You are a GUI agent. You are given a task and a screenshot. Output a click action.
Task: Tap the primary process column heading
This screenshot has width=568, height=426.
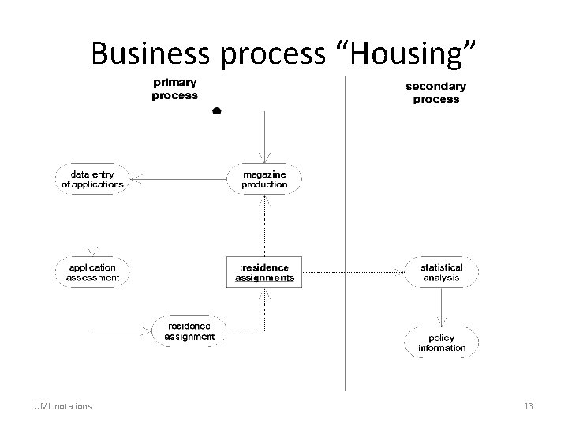coord(175,88)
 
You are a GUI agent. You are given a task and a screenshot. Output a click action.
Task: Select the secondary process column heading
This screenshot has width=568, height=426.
coord(435,92)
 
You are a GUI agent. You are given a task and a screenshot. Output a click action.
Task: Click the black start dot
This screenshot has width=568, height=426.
coord(216,111)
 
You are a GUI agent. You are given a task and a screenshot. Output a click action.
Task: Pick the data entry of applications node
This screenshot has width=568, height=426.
coord(93,179)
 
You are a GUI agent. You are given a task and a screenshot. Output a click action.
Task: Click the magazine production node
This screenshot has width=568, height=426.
coord(265,179)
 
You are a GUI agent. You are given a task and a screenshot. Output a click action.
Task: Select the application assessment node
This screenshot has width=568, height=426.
coord(93,272)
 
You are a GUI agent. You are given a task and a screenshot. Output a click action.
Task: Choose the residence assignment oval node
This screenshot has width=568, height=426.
coord(189,331)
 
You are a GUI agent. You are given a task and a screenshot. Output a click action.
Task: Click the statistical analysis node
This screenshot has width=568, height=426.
coord(442,272)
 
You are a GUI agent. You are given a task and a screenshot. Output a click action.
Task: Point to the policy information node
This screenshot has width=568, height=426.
coord(442,343)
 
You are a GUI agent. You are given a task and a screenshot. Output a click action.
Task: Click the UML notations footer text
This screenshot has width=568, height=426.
coord(62,406)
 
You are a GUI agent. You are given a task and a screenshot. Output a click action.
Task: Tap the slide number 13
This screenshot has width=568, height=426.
coord(529,406)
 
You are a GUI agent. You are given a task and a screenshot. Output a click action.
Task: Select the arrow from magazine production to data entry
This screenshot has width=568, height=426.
coord(177,179)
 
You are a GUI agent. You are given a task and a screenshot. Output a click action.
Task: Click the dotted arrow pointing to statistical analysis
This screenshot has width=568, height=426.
coord(355,272)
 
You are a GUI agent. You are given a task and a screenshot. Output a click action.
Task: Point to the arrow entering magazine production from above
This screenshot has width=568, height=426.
coord(265,138)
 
